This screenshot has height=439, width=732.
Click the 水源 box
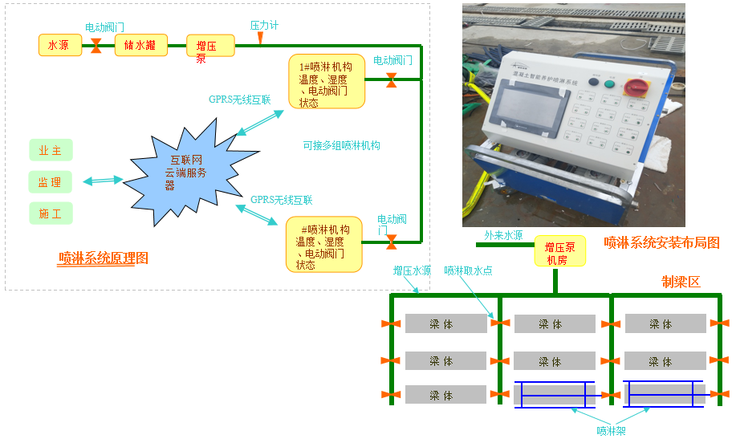pyautogui.click(x=60, y=46)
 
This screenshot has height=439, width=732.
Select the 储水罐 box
pyautogui.click(x=140, y=45)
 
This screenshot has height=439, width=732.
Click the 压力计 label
pyautogui.click(x=264, y=26)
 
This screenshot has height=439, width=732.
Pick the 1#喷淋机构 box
pyautogui.click(x=327, y=81)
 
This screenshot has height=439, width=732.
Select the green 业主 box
pyautogui.click(x=50, y=150)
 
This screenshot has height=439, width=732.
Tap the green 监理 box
pyautogui.click(x=50, y=182)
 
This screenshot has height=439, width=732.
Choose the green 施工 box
pyautogui.click(x=50, y=213)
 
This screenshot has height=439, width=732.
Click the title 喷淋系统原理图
pyautogui.click(x=104, y=258)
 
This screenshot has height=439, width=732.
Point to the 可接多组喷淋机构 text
pyautogui.click(x=341, y=146)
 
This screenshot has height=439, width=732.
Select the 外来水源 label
pyautogui.click(x=503, y=236)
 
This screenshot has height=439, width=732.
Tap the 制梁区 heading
pyautogui.click(x=681, y=282)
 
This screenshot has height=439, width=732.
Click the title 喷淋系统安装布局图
pyautogui.click(x=661, y=242)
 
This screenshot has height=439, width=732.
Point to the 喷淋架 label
pyautogui.click(x=611, y=430)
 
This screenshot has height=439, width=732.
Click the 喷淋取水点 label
pyautogui.click(x=468, y=271)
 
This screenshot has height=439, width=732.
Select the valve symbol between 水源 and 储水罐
pyautogui.click(x=96, y=46)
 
